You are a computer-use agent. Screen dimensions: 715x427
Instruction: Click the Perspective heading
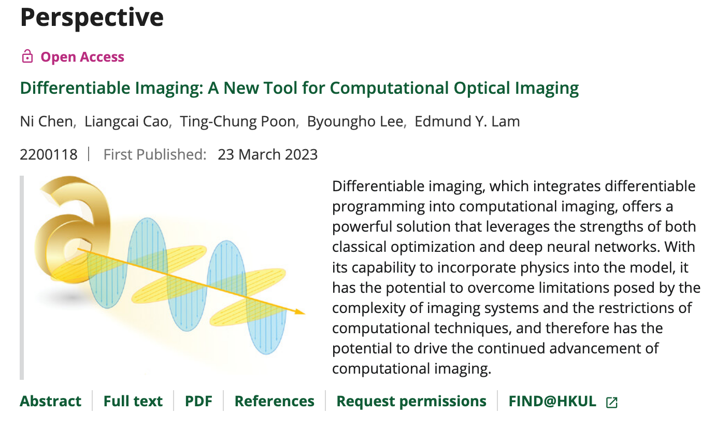pos(92,18)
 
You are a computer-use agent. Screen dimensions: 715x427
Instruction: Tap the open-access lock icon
pos(27,56)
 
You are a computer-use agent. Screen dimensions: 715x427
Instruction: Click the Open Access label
pos(82,57)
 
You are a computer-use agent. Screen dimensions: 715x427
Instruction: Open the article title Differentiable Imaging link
pos(299,88)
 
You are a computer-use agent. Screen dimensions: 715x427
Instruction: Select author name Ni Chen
pos(47,121)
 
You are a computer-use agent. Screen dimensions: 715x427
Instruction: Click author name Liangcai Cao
pos(126,122)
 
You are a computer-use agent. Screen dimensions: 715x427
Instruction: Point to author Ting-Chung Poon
pos(238,122)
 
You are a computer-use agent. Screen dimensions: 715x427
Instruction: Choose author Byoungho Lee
pos(355,122)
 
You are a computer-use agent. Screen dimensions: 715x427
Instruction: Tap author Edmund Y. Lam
pos(467,121)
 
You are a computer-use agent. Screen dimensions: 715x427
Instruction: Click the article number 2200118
pos(49,154)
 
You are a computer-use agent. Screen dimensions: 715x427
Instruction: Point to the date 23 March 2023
pos(268,154)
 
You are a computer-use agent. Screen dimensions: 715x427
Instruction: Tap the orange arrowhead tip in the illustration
pos(305,314)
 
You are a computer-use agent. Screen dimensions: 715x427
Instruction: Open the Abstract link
pos(50,401)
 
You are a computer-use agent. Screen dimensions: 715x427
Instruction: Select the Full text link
pos(133,401)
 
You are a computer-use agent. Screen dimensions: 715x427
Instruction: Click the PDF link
pos(198,401)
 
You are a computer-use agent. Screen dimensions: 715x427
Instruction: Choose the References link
pos(275,401)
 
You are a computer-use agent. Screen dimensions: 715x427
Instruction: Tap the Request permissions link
pos(411,402)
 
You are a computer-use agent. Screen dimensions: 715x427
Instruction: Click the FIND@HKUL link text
pos(552,401)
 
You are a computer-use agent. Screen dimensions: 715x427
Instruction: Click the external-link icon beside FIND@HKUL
pos(611,403)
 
